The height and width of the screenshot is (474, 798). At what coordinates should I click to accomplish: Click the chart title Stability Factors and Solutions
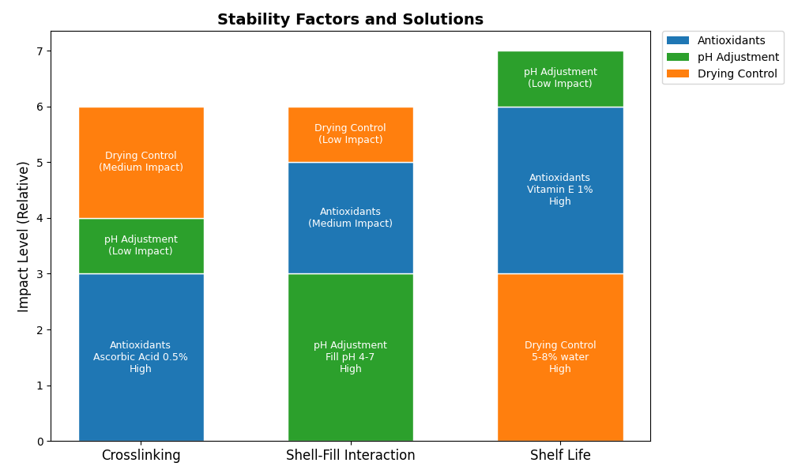pyautogui.click(x=350, y=20)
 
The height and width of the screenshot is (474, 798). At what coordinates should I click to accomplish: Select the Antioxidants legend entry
pyautogui.click(x=731, y=40)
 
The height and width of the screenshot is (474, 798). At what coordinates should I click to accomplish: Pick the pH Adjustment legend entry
pyautogui.click(x=738, y=57)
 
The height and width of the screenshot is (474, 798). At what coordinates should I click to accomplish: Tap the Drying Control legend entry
pyautogui.click(x=737, y=73)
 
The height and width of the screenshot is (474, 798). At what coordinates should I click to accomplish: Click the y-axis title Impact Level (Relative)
pyautogui.click(x=24, y=236)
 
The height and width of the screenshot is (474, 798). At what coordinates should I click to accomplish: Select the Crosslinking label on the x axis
pyautogui.click(x=141, y=455)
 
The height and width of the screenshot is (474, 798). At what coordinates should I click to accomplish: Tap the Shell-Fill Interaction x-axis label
pyautogui.click(x=350, y=455)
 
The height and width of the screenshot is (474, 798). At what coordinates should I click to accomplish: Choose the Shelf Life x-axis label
pyautogui.click(x=560, y=455)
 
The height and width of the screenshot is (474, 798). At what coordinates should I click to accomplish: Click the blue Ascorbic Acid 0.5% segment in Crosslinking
pyautogui.click(x=141, y=357)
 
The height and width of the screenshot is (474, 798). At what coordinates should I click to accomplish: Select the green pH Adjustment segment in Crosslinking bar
pyautogui.click(x=141, y=246)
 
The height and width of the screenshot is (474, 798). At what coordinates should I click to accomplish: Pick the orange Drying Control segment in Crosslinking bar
pyautogui.click(x=141, y=162)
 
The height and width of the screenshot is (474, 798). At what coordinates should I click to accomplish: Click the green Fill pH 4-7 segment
pyautogui.click(x=350, y=357)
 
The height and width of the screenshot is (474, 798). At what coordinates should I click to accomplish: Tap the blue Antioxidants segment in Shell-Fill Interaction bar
pyautogui.click(x=350, y=217)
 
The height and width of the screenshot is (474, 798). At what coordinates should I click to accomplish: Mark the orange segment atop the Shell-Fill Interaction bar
pyautogui.click(x=350, y=134)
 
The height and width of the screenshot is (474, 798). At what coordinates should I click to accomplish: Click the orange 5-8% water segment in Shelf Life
pyautogui.click(x=560, y=357)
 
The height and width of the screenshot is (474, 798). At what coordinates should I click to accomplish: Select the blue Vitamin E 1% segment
pyautogui.click(x=560, y=190)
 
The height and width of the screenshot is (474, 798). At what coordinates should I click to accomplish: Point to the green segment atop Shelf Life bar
pyautogui.click(x=560, y=78)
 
